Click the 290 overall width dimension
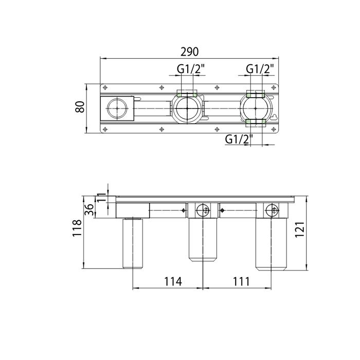tap(189, 51)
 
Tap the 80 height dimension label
tap(80, 107)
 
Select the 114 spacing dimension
tap(173, 281)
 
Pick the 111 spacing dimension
tap(241, 281)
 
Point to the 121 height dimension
tap(300, 229)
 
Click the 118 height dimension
tap(77, 228)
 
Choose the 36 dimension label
tap(89, 210)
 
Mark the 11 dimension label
tap(101, 197)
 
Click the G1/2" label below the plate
tap(239, 139)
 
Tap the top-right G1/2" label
tap(260, 68)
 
